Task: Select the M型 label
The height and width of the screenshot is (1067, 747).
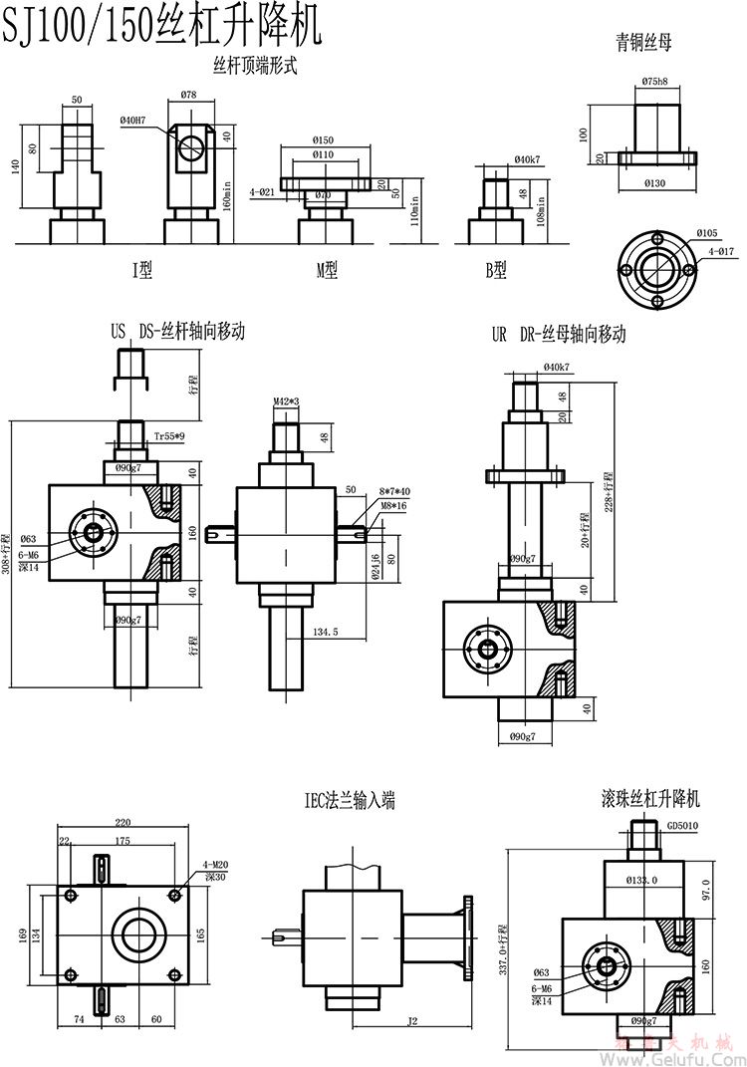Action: point(327,269)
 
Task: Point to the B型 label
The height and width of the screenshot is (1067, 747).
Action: point(495,269)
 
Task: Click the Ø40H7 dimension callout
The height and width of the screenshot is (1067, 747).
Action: point(132,121)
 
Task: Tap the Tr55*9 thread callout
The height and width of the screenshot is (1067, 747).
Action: point(168,436)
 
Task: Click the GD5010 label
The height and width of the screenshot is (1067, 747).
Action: point(683,826)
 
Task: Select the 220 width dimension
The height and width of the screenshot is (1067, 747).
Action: point(123,823)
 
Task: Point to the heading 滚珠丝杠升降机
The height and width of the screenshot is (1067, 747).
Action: point(651,799)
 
